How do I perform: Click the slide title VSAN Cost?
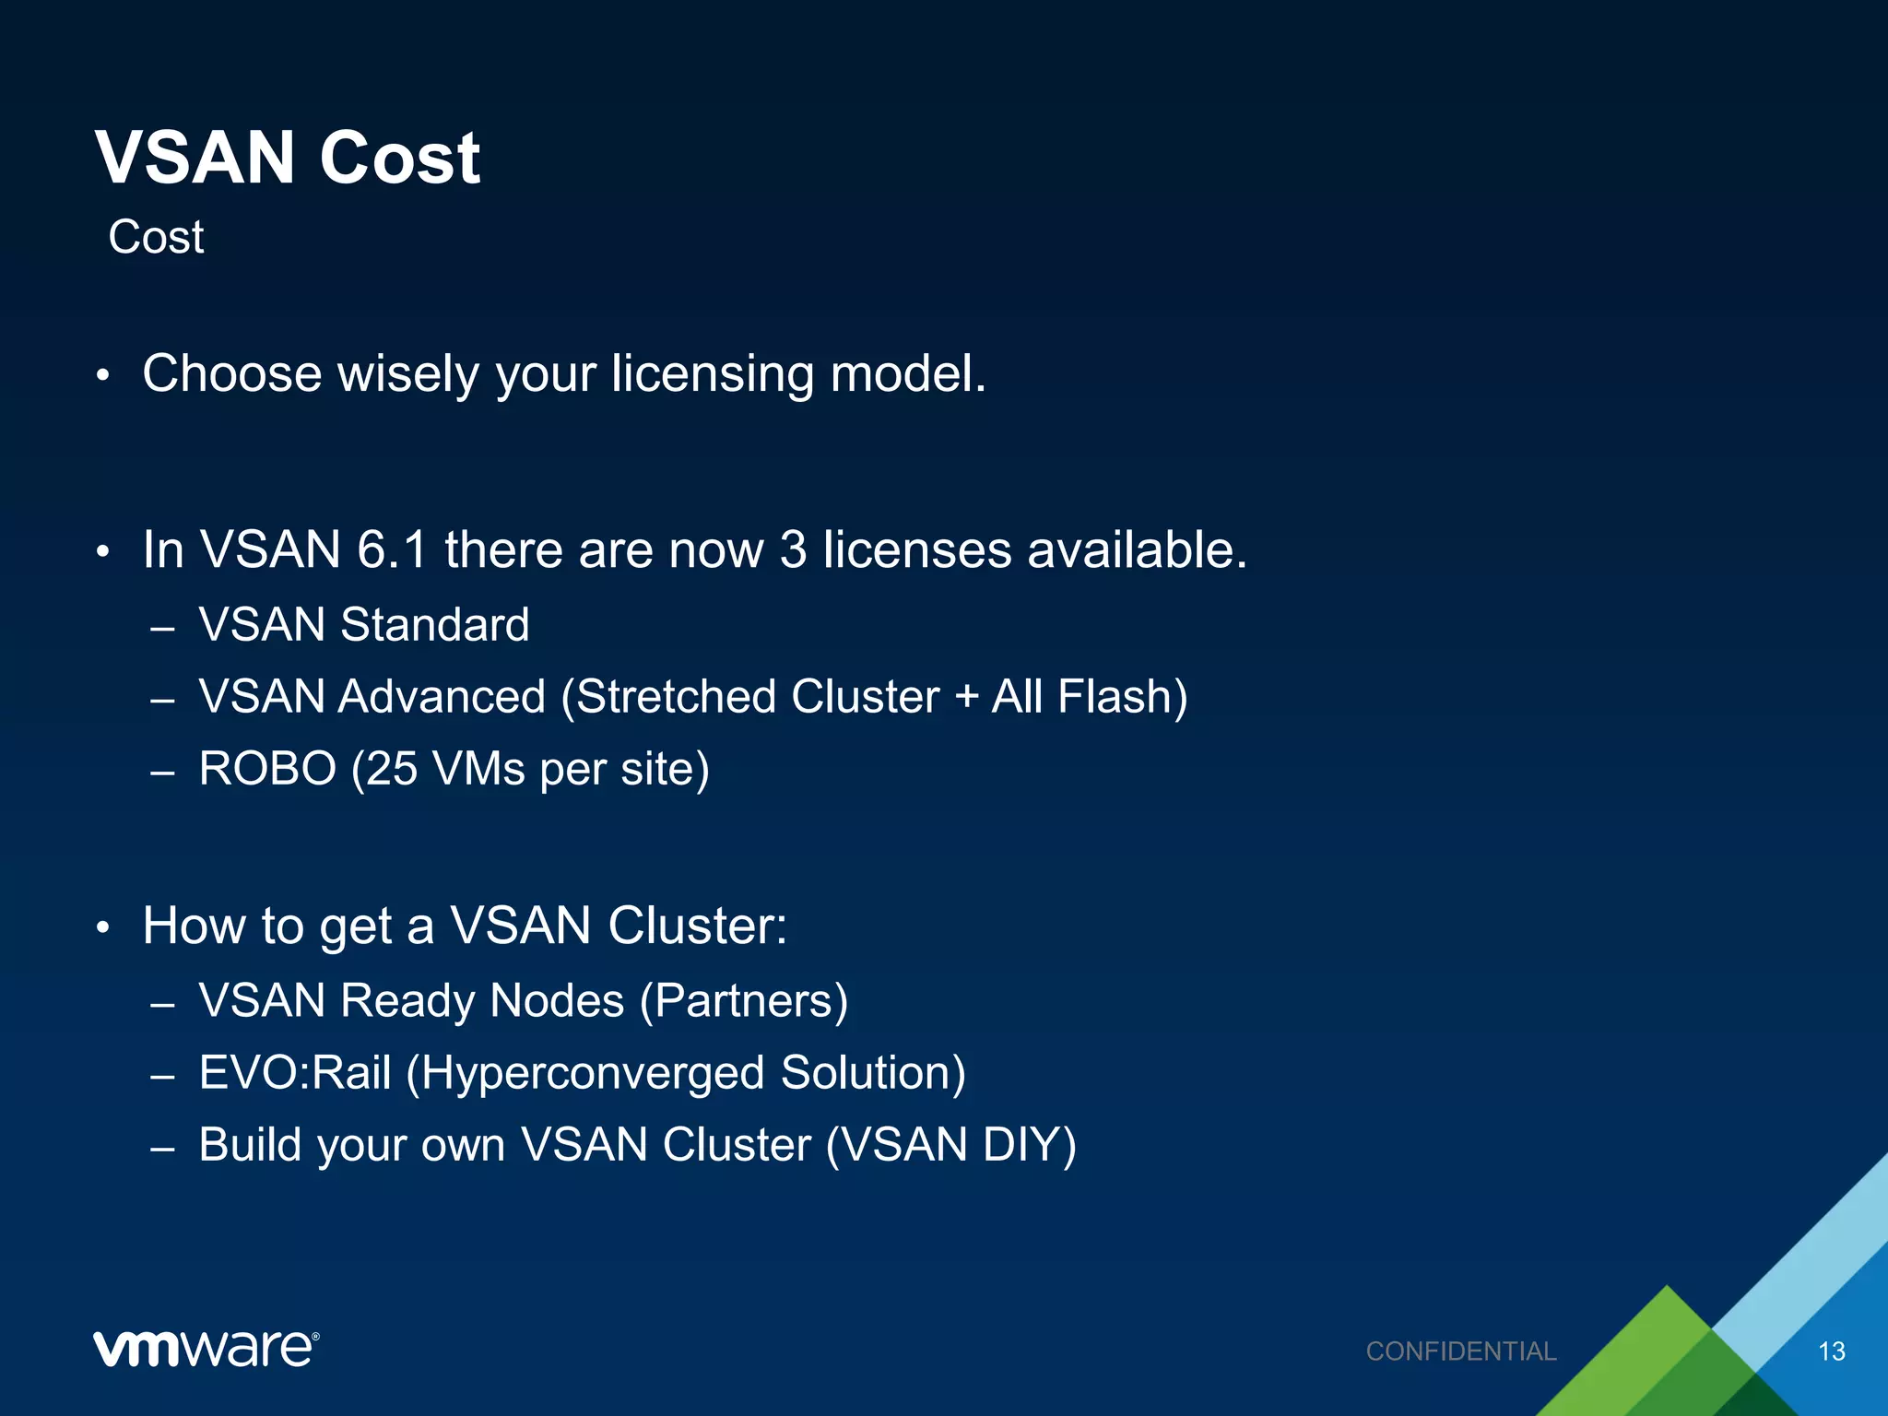click(288, 158)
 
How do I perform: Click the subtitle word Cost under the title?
click(156, 237)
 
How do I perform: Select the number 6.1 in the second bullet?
click(392, 550)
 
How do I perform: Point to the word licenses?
click(916, 550)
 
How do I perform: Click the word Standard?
click(435, 625)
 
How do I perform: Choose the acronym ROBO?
click(267, 769)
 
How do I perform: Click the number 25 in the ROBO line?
click(392, 769)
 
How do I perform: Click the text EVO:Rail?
click(295, 1073)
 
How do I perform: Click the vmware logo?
click(206, 1349)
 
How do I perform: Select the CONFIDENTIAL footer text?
click(1461, 1351)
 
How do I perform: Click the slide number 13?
click(1831, 1351)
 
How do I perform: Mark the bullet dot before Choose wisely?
click(103, 376)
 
